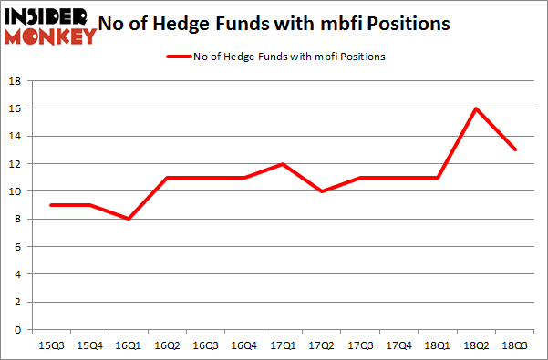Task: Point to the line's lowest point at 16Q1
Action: (129, 219)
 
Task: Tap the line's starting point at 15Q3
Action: (50, 205)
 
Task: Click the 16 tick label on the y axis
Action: (16, 108)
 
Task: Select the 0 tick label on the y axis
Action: (18, 330)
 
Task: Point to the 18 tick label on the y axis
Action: (16, 81)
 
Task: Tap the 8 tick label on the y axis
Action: (18, 219)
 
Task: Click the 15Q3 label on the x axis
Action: (50, 346)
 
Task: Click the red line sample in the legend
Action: (176, 57)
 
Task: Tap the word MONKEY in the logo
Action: (51, 36)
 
